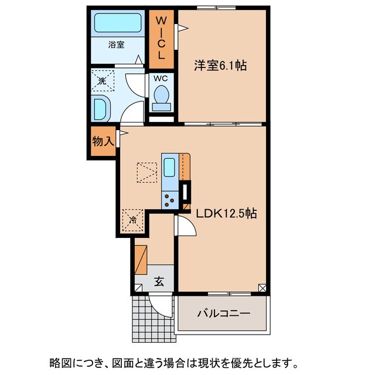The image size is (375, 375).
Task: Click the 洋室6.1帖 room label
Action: pos(220,66)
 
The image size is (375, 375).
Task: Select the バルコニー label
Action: pos(223,313)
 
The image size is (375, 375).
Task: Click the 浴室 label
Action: pos(116,44)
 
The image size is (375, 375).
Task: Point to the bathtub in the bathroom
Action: pos(119,23)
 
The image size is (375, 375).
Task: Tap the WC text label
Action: pos(161,77)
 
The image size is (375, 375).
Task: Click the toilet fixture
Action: pos(161,97)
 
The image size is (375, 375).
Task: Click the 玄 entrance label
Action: pos(159,282)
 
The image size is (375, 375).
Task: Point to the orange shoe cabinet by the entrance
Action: pos(141,260)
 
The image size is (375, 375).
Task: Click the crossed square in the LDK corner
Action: pos(262,288)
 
